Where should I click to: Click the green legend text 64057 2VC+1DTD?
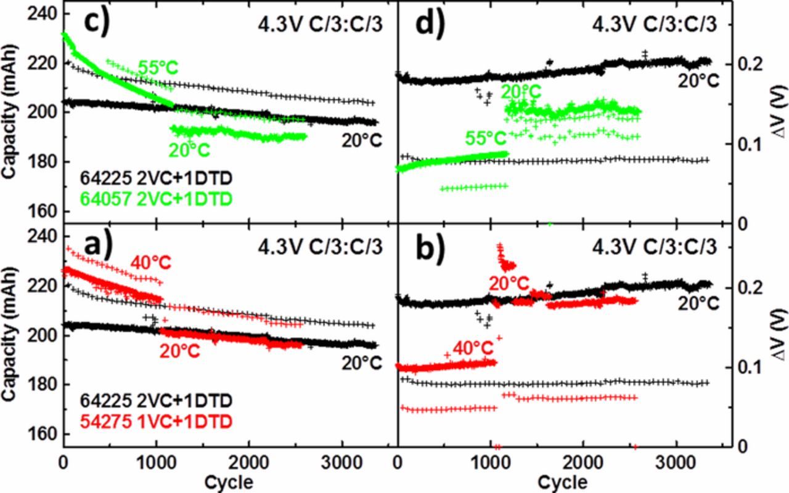click(x=156, y=198)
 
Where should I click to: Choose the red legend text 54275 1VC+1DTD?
click(x=156, y=421)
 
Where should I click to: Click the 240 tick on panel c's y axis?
click(x=44, y=14)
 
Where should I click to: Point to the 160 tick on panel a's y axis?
click(x=44, y=435)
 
